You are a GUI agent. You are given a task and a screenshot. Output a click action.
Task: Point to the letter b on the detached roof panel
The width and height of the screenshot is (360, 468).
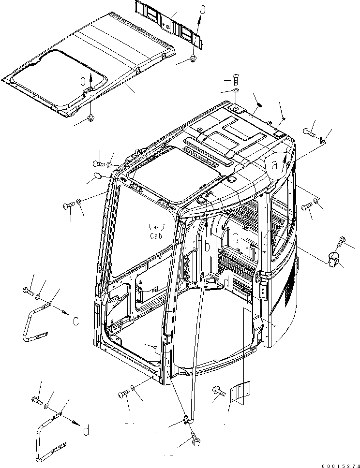click(83, 80)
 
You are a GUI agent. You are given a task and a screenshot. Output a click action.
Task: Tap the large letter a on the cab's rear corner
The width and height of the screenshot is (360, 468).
click(274, 165)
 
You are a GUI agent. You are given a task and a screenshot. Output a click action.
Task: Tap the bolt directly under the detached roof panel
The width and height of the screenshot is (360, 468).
click(91, 117)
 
